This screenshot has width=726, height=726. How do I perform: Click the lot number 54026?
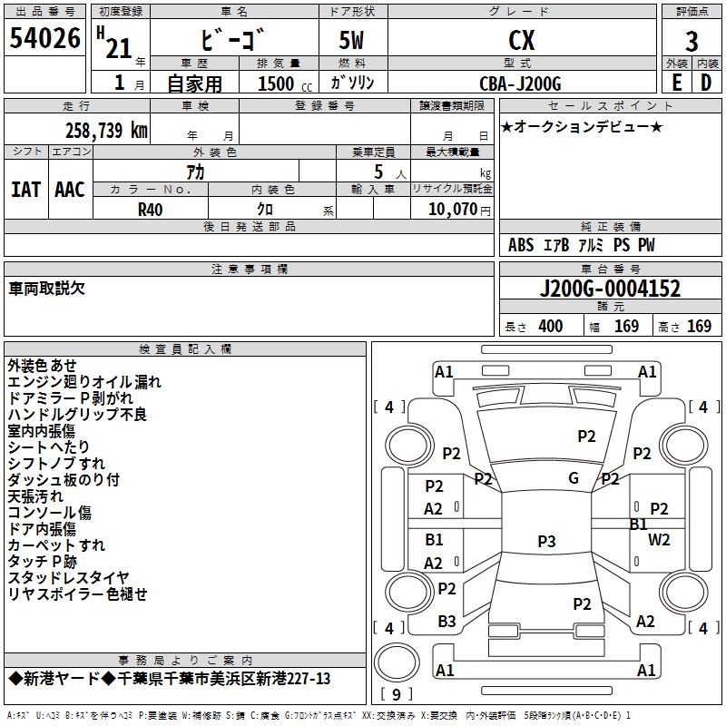pos(44,39)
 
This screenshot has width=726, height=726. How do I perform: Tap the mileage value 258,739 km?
pos(106,130)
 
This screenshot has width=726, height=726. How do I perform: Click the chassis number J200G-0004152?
pos(610,289)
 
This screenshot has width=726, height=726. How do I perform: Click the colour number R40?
pos(150,209)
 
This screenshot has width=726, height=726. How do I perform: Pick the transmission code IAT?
pos(26,190)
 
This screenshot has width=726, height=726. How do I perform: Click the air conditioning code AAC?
pos(70,190)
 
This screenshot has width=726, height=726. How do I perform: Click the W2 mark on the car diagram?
pos(659,540)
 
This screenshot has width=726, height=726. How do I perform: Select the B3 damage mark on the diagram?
pos(446,622)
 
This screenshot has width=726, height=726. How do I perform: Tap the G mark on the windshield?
pos(573,478)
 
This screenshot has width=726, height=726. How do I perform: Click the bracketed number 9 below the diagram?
pos(395,695)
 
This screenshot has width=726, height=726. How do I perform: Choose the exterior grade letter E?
pos(676,83)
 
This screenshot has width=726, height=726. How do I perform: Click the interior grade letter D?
pos(706,83)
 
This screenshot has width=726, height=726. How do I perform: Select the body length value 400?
pos(550,327)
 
